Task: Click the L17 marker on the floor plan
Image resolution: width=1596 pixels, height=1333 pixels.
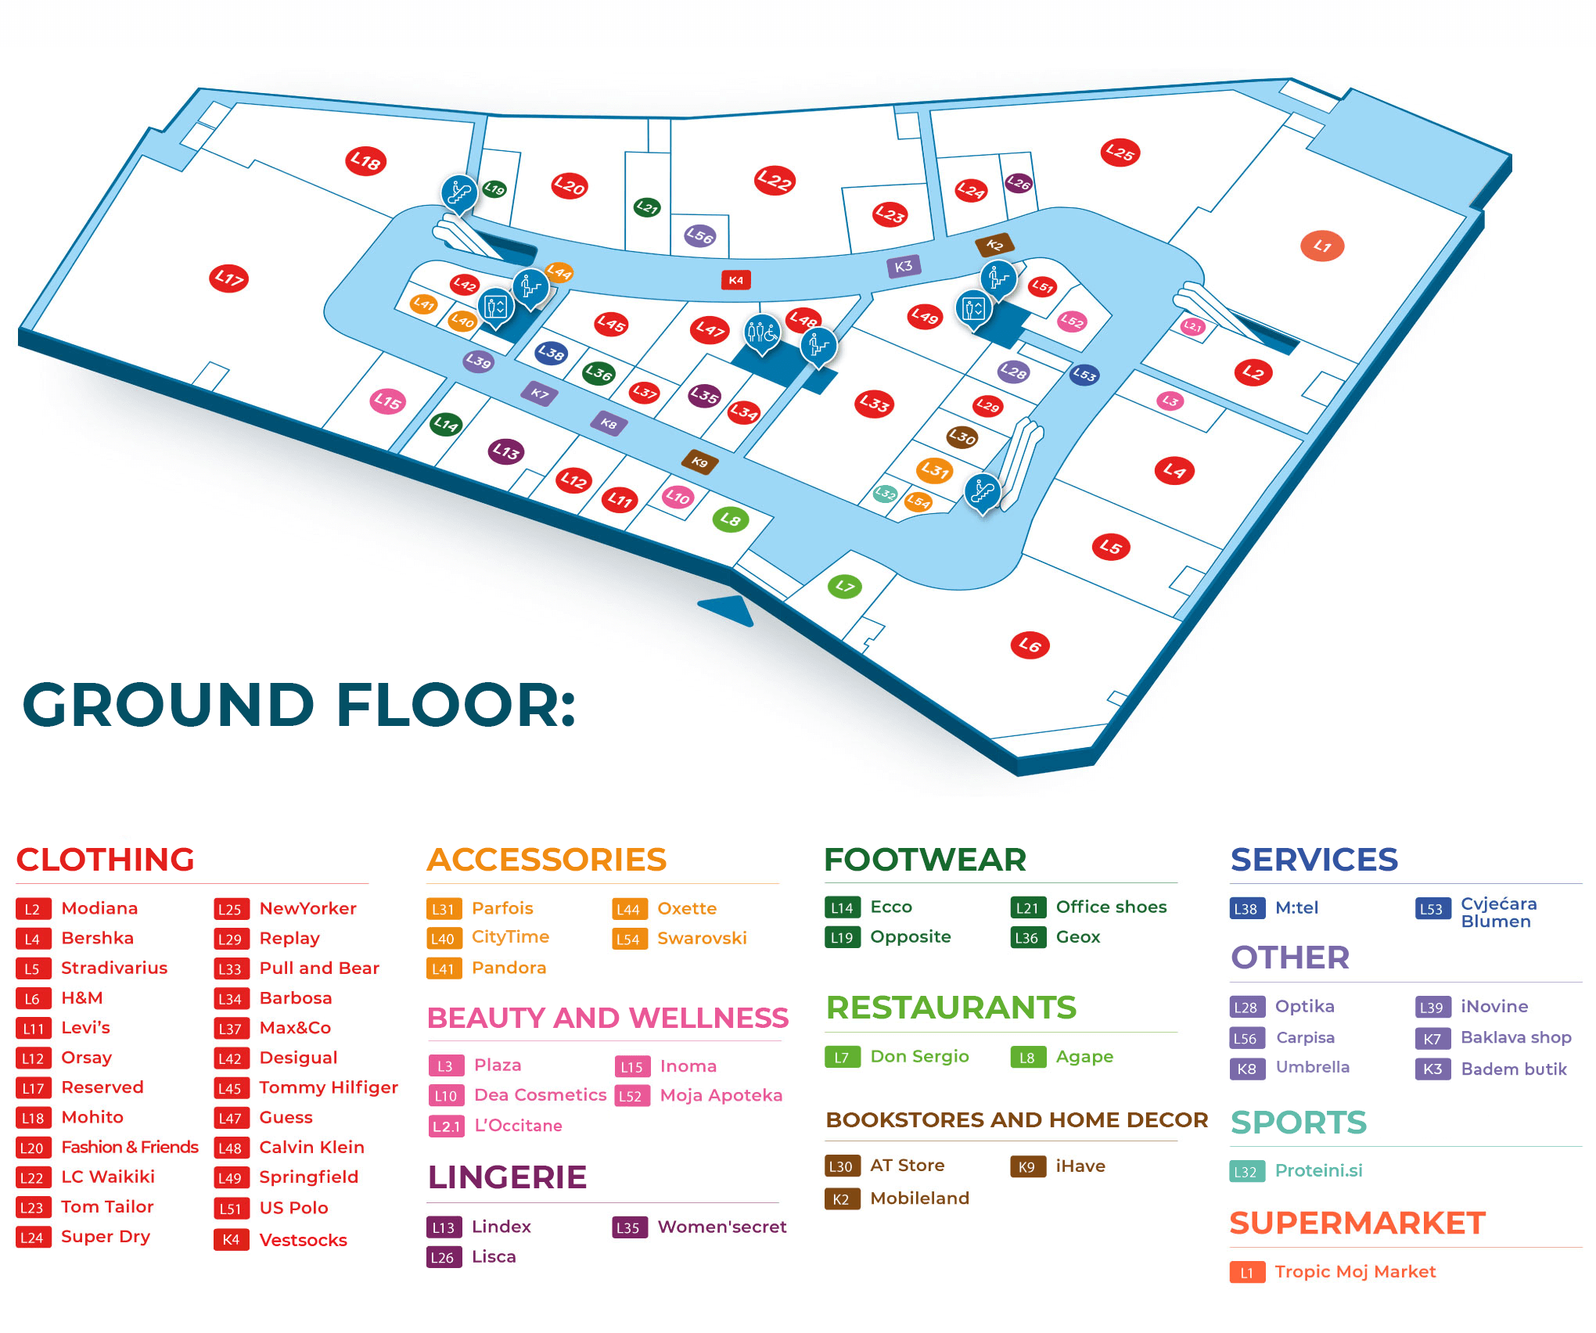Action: [229, 278]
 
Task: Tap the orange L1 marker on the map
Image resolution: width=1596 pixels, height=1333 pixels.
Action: [1322, 246]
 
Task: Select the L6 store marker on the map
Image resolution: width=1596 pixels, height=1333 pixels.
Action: [1030, 645]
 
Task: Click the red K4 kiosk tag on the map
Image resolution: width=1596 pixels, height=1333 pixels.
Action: [735, 280]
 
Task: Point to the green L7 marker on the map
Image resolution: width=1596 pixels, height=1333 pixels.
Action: [845, 586]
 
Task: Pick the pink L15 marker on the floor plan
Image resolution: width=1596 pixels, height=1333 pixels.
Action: [387, 402]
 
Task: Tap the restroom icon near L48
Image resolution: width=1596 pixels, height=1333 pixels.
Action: [761, 333]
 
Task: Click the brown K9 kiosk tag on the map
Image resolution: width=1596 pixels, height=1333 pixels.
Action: [699, 462]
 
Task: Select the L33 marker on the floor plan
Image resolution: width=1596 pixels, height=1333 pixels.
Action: [874, 404]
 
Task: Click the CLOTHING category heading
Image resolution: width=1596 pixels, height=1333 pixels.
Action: [106, 860]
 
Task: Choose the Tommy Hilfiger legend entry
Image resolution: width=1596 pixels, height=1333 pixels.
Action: [329, 1087]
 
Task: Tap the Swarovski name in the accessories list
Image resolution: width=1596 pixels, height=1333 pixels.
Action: [702, 938]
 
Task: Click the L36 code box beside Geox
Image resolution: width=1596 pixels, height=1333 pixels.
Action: [1026, 937]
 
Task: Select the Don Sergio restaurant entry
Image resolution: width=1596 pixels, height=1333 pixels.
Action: [919, 1057]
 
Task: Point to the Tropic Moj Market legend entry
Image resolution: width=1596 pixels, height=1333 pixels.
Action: [1355, 1272]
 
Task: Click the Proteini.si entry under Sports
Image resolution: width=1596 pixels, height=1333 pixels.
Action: [1318, 1171]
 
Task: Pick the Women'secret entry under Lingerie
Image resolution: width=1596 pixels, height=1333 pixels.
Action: [721, 1227]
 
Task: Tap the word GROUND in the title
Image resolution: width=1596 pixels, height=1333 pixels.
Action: [168, 705]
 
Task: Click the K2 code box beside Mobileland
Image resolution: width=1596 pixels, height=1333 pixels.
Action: [841, 1199]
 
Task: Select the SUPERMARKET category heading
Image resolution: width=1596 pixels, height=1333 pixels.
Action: [1357, 1223]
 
